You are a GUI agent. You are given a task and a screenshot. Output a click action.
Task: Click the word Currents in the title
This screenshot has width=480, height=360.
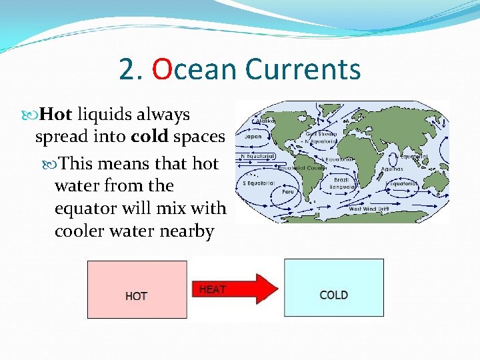click(x=303, y=69)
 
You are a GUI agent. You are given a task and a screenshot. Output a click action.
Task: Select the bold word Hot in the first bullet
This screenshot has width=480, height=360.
click(x=56, y=115)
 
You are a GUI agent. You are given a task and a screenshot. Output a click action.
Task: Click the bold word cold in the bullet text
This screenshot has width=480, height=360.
click(x=149, y=137)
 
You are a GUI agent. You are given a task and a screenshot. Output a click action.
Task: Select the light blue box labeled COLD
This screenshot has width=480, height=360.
click(x=333, y=287)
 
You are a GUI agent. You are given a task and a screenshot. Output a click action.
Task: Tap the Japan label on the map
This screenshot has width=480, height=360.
click(x=253, y=137)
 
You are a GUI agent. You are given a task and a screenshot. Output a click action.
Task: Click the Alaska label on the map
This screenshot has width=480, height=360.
click(x=267, y=121)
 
